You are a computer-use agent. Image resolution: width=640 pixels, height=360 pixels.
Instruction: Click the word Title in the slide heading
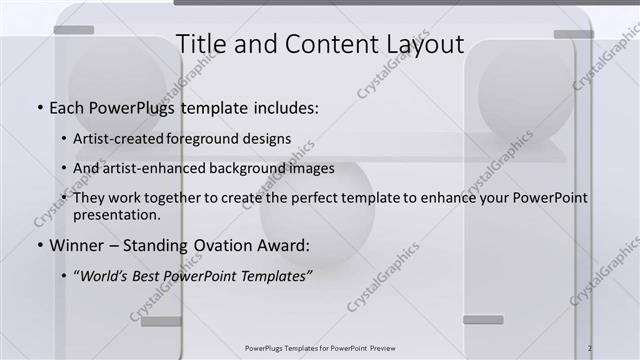200,44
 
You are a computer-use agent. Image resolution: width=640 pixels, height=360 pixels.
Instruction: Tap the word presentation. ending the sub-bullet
117,214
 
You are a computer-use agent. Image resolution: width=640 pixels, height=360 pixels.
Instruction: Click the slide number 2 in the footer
590,348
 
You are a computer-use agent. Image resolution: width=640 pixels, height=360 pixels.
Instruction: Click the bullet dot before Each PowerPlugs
39,108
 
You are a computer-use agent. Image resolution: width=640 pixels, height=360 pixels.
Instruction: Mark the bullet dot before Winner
39,246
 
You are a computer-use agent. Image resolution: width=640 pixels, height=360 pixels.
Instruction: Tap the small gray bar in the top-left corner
73,30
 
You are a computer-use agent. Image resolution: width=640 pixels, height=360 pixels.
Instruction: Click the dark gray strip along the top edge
400,3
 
